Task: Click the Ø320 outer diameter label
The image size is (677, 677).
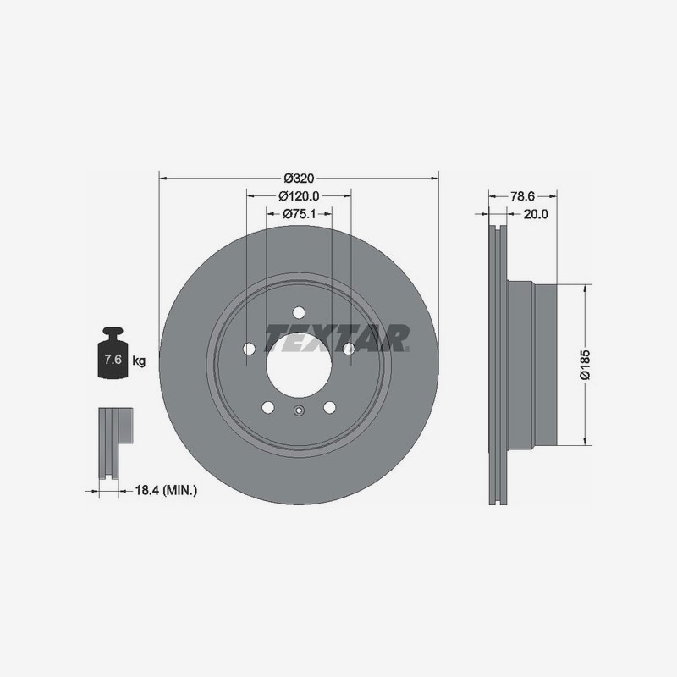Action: [x=300, y=178]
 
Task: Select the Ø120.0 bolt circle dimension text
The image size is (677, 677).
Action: [x=299, y=195]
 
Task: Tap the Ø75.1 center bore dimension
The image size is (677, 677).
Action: [x=298, y=214]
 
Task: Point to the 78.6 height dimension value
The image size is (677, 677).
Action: [x=522, y=195]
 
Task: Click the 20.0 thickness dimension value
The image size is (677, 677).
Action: [x=536, y=214]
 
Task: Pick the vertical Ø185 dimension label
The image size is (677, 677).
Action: [x=583, y=364]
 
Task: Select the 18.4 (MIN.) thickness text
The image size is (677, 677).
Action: [x=167, y=489]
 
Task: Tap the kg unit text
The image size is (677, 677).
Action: [x=139, y=361]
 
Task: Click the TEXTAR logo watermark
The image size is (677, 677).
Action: [x=338, y=338]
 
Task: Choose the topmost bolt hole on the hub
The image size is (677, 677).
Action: [x=299, y=311]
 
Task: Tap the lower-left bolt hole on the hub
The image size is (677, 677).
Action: [x=268, y=407]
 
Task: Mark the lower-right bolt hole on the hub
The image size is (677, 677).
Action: [x=329, y=407]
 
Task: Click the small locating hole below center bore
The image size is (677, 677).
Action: [x=299, y=412]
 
